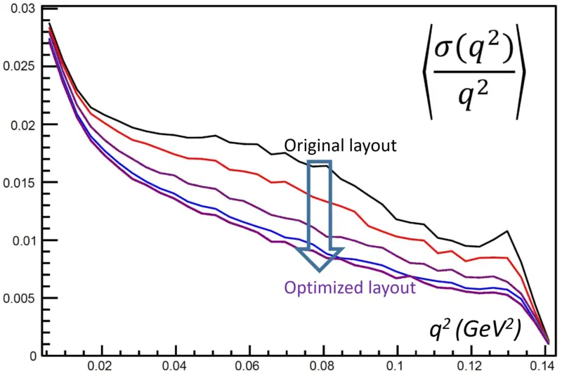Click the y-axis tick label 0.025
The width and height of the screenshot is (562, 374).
click(x=20, y=66)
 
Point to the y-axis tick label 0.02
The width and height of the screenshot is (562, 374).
click(x=23, y=125)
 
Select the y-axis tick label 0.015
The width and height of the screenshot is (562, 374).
click(x=20, y=183)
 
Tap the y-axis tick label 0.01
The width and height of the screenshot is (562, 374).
click(x=23, y=240)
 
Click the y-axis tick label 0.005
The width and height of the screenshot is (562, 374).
click(x=20, y=298)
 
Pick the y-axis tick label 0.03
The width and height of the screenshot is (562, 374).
click(x=23, y=8)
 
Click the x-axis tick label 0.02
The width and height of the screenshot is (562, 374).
click(x=103, y=366)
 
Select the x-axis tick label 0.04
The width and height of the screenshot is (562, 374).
click(x=176, y=366)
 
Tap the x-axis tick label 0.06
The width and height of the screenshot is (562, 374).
click(x=250, y=366)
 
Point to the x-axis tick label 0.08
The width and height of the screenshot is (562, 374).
click(x=323, y=366)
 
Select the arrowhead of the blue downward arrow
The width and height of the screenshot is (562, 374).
click(x=320, y=259)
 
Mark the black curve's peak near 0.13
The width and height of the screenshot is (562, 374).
click(x=507, y=231)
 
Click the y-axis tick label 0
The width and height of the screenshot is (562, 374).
click(x=33, y=356)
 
